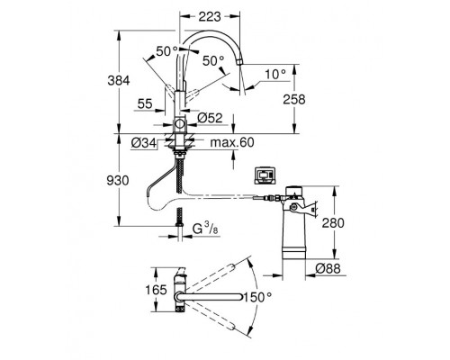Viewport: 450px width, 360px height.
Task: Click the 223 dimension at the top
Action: click(210, 17)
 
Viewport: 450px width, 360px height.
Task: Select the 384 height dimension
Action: click(119, 81)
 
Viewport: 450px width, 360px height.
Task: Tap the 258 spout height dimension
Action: click(294, 99)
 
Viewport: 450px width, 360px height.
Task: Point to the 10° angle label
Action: click(275, 74)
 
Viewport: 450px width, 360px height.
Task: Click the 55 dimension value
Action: click(145, 103)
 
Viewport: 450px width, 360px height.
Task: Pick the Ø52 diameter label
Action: click(210, 118)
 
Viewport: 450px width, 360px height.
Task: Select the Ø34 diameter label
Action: click(144, 143)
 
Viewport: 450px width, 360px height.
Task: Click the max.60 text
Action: click(232, 142)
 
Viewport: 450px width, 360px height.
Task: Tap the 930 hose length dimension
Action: click(118, 181)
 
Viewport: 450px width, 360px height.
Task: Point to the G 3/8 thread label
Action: click(205, 229)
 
